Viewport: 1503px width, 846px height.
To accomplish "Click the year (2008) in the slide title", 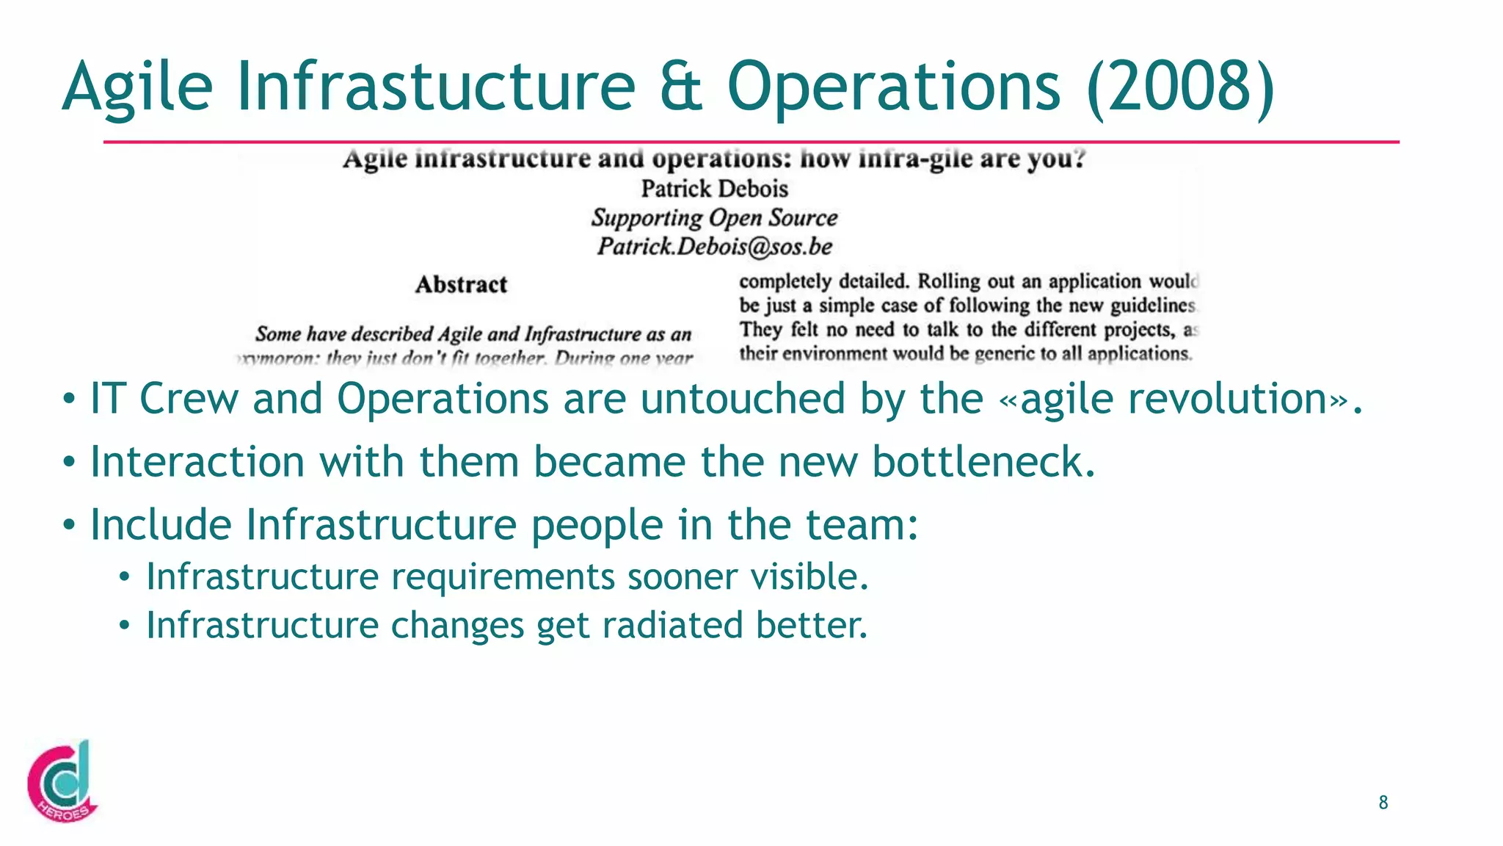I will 1181,87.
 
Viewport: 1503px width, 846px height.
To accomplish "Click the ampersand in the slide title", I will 680,87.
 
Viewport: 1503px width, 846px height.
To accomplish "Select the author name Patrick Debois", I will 714,189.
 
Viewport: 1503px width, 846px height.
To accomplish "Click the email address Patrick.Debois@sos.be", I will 714,246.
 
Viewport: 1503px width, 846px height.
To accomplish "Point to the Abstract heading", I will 461,284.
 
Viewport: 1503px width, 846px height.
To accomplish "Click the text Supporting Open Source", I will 714,217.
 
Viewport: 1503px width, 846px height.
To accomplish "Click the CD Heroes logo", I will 62,781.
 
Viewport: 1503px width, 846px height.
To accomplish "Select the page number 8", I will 1383,803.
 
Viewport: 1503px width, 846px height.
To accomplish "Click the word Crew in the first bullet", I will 189,399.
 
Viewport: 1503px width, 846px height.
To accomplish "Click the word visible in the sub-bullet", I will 809,576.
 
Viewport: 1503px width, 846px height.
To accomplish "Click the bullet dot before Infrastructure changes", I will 125,626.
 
